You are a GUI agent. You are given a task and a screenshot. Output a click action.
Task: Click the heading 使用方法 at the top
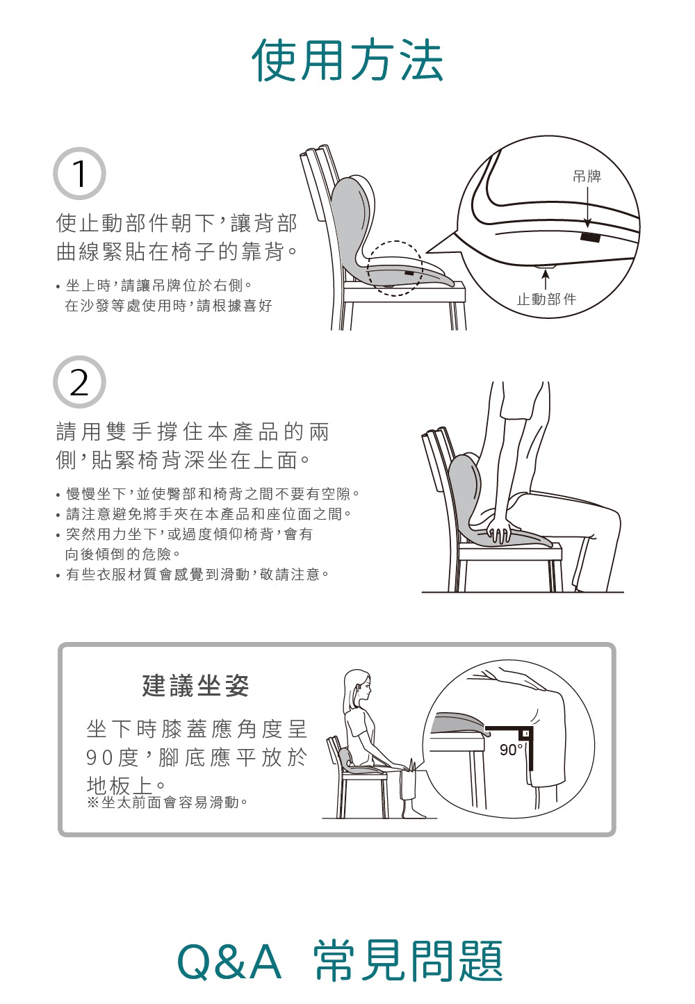point(347,60)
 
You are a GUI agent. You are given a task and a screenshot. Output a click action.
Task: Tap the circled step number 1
point(79,174)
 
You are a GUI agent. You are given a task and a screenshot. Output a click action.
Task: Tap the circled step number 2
point(79,382)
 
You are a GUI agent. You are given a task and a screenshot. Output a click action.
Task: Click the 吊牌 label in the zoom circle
point(587,176)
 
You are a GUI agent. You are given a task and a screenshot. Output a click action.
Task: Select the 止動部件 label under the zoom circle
point(546,299)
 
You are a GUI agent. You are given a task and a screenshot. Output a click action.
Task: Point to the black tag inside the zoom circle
point(590,238)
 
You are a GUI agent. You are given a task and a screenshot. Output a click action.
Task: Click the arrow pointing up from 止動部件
point(546,279)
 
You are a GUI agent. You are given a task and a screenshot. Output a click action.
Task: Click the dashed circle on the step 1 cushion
point(394,268)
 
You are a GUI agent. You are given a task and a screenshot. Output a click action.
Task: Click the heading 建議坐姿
point(195,686)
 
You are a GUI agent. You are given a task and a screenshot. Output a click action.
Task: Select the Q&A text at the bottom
point(229,962)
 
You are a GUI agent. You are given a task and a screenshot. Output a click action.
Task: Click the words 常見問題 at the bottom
point(408,962)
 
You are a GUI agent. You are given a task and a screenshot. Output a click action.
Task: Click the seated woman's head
point(358,688)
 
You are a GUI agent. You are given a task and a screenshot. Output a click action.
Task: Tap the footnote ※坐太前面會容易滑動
point(167,803)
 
